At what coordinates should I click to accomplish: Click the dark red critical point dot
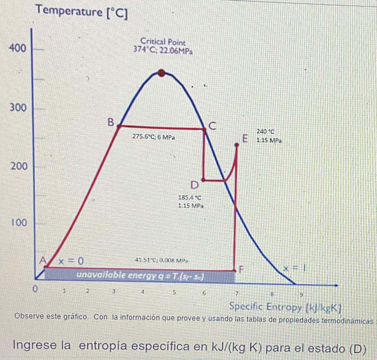tap(161, 73)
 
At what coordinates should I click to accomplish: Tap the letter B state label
tap(111, 122)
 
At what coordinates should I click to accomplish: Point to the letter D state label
tap(195, 184)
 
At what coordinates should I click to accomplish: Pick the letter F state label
tap(242, 269)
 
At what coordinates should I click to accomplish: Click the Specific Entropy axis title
tap(284, 307)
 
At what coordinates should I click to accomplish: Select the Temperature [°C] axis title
tap(82, 12)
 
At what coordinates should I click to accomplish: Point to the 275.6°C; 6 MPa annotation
tap(154, 137)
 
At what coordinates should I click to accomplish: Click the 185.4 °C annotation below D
tap(190, 198)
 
